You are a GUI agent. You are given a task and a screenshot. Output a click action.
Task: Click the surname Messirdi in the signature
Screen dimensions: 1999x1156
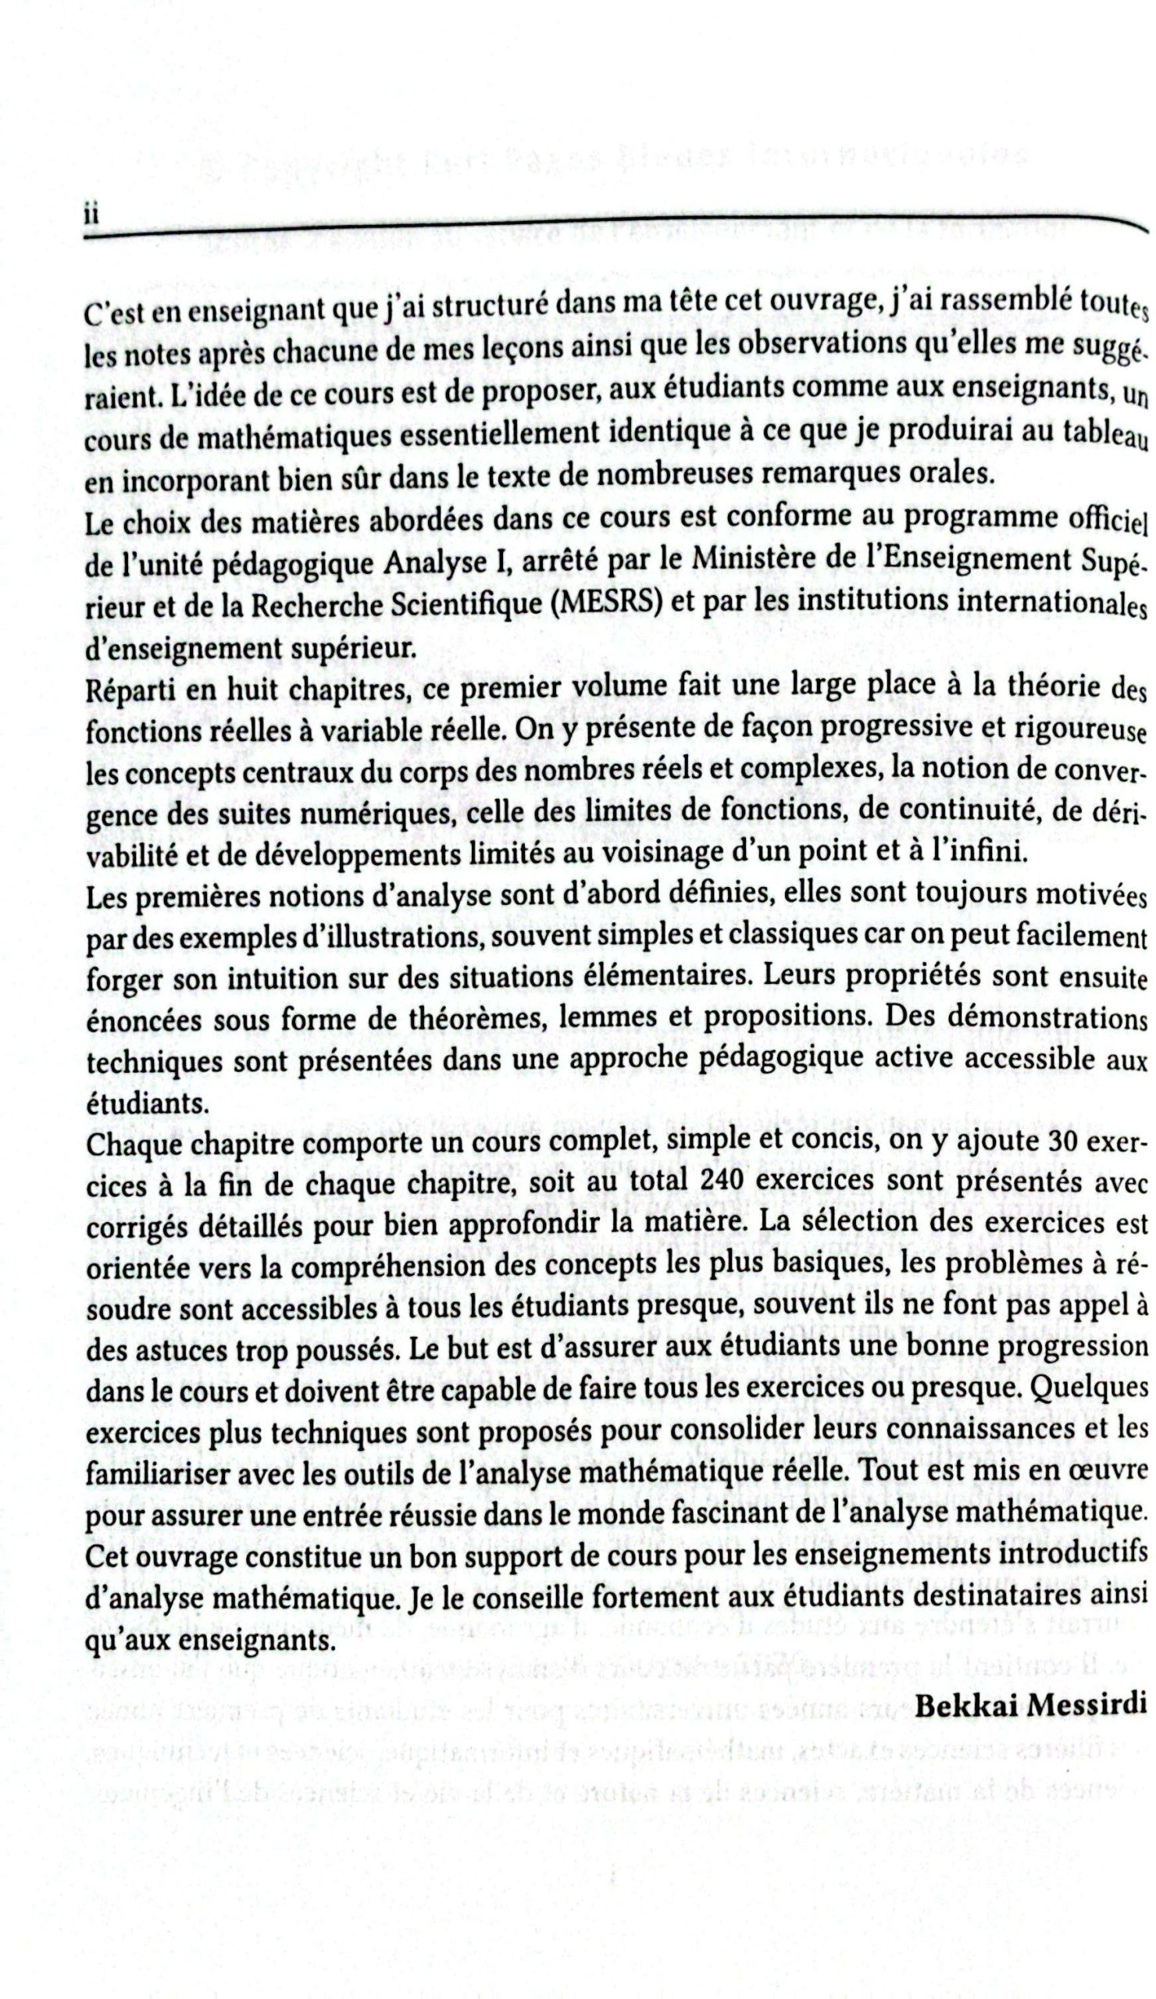point(1086,1704)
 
